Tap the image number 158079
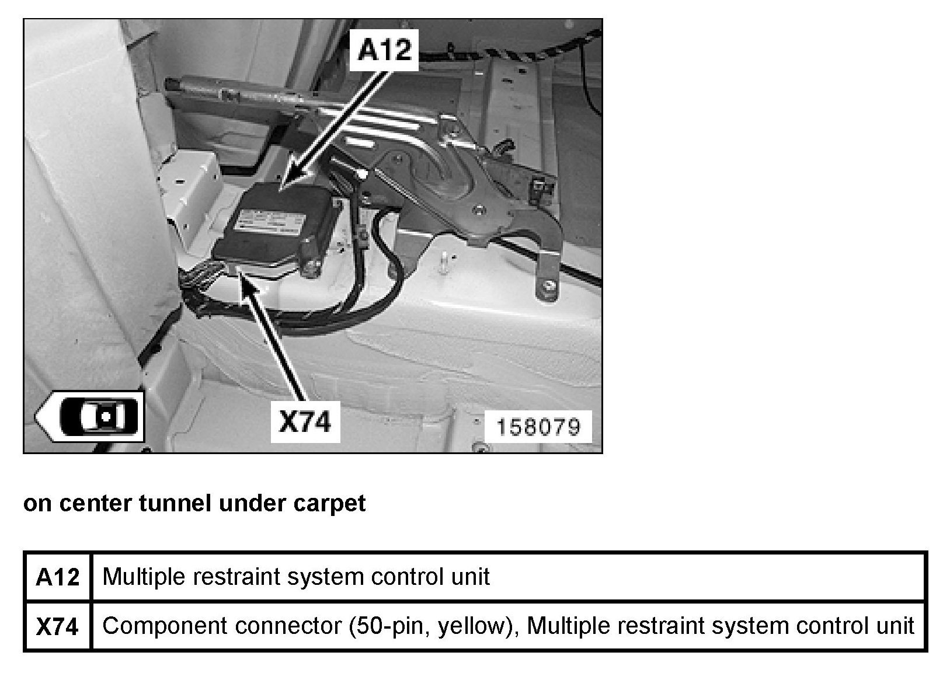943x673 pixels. [538, 427]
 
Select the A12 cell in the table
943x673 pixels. [58, 577]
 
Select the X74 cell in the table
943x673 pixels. [58, 626]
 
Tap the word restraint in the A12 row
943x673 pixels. [222, 577]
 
